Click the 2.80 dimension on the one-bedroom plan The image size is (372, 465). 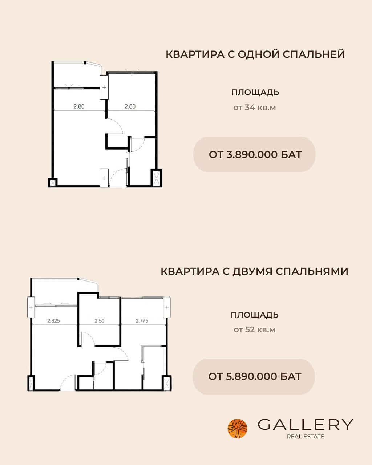click(79, 106)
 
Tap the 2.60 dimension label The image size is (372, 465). click(130, 106)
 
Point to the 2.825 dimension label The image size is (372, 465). click(53, 321)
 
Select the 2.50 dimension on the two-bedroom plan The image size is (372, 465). click(100, 321)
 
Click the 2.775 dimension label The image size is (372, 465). click(142, 321)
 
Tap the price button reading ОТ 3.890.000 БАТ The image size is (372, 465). click(254, 154)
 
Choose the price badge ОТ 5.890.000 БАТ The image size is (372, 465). click(254, 377)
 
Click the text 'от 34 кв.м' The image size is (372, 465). click(255, 108)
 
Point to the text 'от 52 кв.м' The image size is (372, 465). click(255, 330)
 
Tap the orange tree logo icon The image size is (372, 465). click(237, 429)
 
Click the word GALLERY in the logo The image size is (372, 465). click(305, 424)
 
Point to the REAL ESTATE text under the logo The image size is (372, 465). click(306, 437)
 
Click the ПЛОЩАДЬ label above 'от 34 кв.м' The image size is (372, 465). click(255, 93)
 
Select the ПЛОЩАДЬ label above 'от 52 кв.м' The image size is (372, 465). click(255, 315)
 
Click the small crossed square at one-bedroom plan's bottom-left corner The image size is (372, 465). click(53, 183)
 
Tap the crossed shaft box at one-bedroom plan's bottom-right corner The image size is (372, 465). click(156, 178)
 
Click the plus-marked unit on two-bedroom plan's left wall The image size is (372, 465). click(31, 307)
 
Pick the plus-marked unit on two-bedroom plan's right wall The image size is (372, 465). click(167, 307)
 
